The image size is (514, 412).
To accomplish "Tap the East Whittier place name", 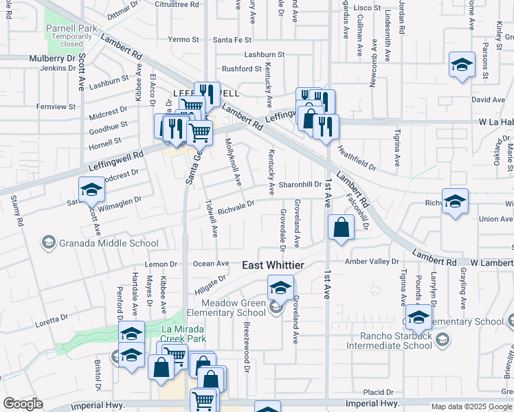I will [x=273, y=265].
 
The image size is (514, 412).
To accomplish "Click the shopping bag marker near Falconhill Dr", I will [x=341, y=227].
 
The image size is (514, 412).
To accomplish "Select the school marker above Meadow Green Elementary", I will [x=280, y=288].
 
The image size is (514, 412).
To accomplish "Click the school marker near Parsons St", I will [x=462, y=66].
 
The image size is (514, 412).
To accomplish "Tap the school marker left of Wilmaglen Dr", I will [x=91, y=190].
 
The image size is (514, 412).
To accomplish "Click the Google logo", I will [x=23, y=404].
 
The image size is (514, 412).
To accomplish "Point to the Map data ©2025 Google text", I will [x=471, y=407].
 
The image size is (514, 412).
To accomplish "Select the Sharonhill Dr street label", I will [x=300, y=185].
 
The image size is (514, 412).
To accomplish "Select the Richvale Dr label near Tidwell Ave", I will [x=236, y=204].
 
